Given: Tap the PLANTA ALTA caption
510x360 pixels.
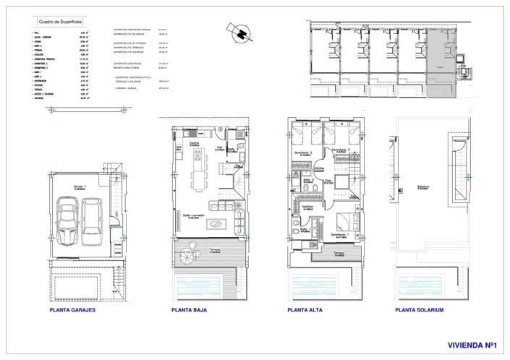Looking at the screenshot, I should pyautogui.click(x=305, y=310).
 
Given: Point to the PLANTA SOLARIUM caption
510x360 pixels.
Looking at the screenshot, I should pyautogui.click(x=420, y=310).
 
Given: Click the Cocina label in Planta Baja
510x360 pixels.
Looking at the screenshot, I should pyautogui.click(x=195, y=144).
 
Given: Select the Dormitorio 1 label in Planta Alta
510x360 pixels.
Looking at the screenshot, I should pyautogui.click(x=340, y=235).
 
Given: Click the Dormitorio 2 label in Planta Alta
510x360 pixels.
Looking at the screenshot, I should pyautogui.click(x=304, y=153).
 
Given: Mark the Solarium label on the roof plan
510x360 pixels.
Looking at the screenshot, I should pyautogui.click(x=423, y=187).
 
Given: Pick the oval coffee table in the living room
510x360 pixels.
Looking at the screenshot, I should pyautogui.click(x=216, y=224).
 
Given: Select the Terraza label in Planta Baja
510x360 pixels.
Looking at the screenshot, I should pyautogui.click(x=215, y=250).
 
